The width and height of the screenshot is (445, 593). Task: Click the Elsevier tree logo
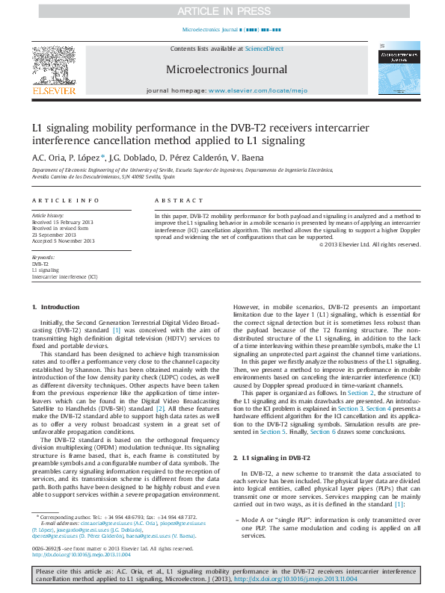coord(53,66)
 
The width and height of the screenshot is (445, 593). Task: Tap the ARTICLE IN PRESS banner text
coord(222,10)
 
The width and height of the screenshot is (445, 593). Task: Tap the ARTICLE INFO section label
coord(66,201)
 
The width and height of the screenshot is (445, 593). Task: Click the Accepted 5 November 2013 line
coord(63,241)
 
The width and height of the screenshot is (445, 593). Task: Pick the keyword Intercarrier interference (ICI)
coord(64,276)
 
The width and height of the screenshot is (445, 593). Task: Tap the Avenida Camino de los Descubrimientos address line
coord(103,177)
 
